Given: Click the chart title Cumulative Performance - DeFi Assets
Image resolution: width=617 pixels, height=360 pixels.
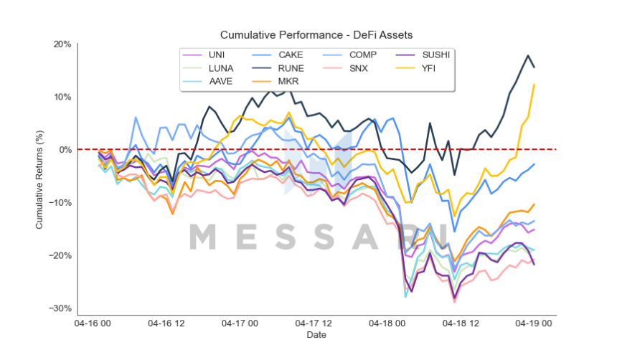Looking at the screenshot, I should pos(316,34).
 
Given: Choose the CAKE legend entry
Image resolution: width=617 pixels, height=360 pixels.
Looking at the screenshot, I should pos(290,55).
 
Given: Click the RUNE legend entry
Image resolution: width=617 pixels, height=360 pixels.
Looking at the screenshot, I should pos(290,69).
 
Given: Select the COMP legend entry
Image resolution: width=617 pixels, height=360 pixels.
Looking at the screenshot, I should pos(364,55).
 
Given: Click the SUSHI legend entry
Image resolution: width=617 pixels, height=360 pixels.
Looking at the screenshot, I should pos(436,55).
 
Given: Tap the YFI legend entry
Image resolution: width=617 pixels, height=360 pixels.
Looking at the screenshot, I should pos(429,69).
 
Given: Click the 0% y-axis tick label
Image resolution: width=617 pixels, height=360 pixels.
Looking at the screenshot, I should pos(66,150).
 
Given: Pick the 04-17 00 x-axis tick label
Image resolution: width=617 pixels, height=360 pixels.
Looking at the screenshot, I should pos(244,325).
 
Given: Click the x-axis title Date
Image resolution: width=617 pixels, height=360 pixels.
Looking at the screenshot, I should pos(316,336).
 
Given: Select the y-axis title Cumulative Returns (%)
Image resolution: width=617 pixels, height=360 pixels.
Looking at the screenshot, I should pos(40,176).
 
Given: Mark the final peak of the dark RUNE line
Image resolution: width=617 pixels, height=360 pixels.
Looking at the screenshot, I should pos(528,55).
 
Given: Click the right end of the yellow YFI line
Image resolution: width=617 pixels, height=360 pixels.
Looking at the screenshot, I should pos(534,84).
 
